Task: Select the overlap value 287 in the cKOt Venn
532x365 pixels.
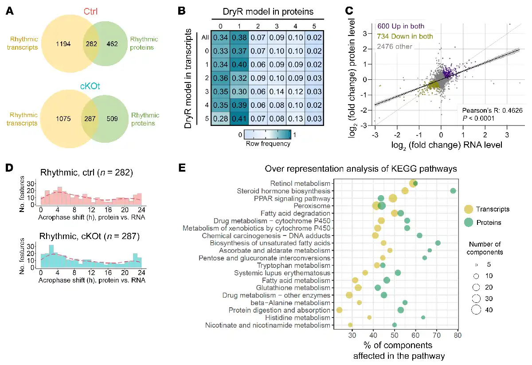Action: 95,119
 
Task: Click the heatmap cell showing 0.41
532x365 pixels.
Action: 239,118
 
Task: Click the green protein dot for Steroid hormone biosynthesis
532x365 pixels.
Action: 453,191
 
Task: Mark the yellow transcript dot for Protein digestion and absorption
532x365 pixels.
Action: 339,310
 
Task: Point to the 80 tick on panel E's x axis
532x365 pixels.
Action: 458,335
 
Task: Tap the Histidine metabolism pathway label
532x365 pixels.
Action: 304,318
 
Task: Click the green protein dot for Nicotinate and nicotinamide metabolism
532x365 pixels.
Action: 395,325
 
